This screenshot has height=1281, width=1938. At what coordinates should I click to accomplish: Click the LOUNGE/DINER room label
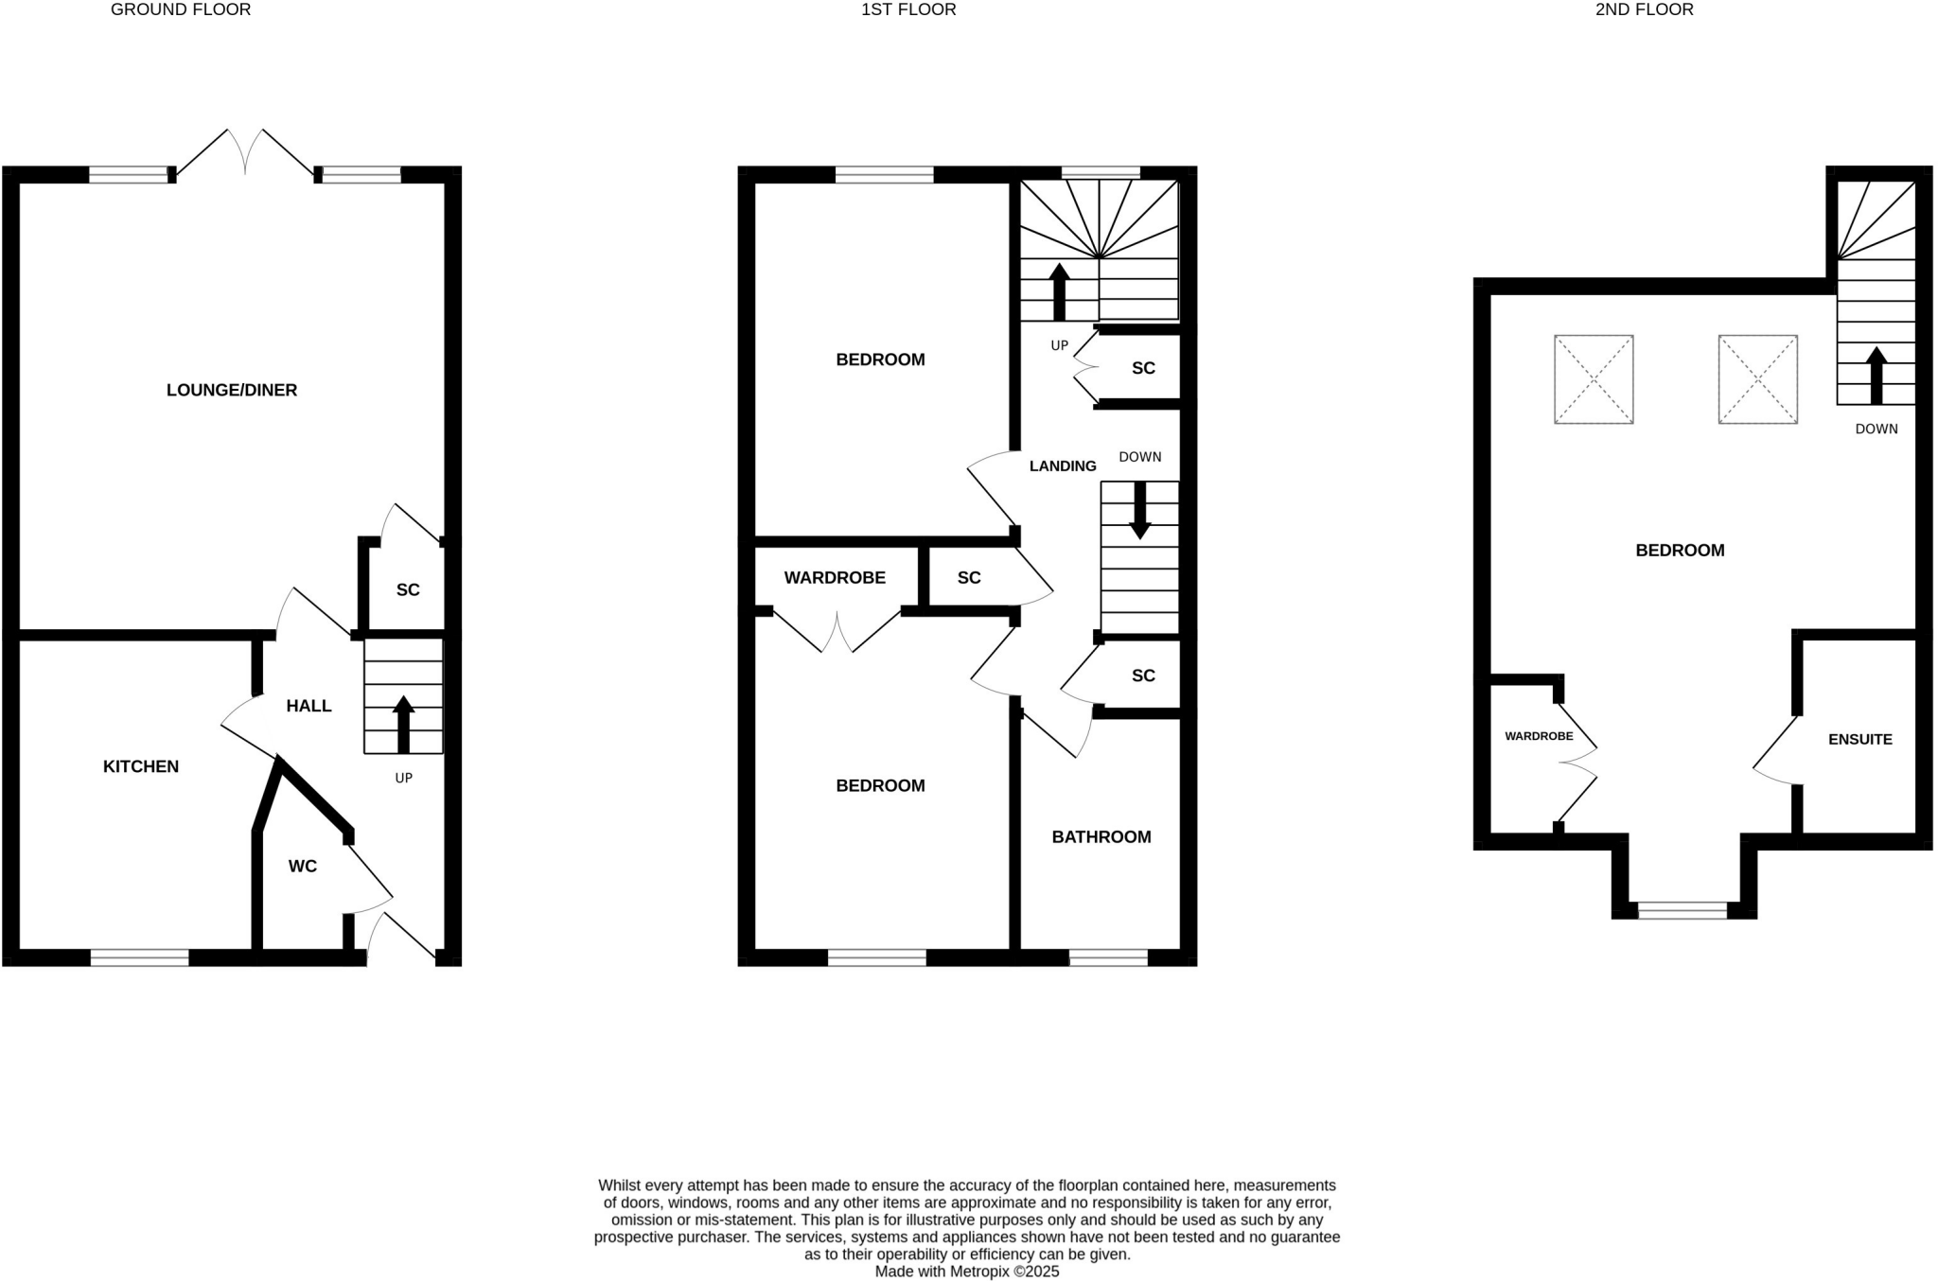pos(232,390)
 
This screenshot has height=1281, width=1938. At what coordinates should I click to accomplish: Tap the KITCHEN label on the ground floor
pos(141,766)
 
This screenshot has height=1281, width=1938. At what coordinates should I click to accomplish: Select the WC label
pos(303,866)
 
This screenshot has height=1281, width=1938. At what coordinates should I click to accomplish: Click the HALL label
pos(308,706)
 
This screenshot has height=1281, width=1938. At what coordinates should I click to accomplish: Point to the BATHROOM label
pos(1101,836)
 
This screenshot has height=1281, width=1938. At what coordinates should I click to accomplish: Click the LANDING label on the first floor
pos(1063,465)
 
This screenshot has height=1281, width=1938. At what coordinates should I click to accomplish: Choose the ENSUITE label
pos(1860,739)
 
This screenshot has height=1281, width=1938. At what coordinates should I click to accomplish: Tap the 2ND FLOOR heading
pos(1645,9)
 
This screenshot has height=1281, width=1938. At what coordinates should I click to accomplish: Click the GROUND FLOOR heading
pos(181,9)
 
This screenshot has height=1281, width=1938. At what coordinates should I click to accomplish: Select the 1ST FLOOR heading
pos(908,9)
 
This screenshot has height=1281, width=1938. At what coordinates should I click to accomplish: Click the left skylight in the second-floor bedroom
pos(1594,379)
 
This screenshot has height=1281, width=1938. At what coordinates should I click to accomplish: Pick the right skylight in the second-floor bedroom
pos(1757,379)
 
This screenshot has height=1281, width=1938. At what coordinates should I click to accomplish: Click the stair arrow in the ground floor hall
pos(404,724)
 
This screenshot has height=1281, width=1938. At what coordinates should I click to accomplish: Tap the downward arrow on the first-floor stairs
pos(1139,510)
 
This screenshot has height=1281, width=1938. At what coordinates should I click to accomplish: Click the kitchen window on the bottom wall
pos(140,957)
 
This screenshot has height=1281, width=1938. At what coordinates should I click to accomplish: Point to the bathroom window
pos(1108,957)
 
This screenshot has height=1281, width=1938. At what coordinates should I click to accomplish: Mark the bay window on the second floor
pos(1683,910)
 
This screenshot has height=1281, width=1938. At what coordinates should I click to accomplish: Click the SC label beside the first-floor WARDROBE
pos(969,577)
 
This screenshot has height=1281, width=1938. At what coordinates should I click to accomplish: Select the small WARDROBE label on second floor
pos(1539,736)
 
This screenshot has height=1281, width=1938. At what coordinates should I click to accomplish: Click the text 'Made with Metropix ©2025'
pos(967,1272)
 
